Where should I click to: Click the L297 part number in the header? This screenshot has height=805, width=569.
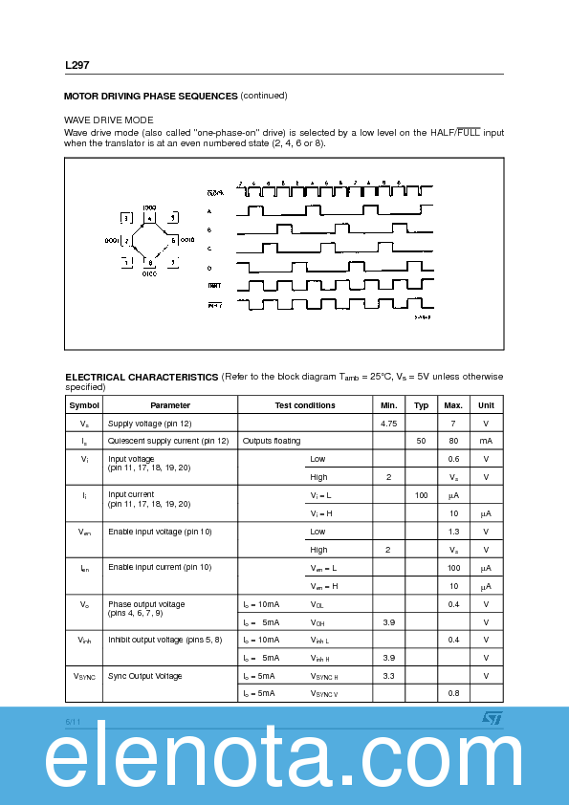point(77,66)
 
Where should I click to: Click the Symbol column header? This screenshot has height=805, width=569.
point(83,405)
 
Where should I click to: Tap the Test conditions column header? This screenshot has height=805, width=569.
point(304,405)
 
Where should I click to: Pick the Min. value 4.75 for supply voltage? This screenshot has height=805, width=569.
point(388,424)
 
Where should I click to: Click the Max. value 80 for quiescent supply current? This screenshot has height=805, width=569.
point(453,441)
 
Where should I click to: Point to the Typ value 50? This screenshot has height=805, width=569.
point(421,441)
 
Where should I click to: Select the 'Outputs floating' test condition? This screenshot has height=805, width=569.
point(272,441)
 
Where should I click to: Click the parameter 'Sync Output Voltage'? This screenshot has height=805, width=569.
point(144,676)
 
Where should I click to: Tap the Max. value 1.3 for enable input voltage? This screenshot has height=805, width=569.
point(453,532)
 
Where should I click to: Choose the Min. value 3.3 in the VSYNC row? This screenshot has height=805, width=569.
point(388,676)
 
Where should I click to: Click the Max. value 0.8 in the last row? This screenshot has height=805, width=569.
point(453,693)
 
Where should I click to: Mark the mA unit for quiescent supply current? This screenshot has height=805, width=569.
point(486,441)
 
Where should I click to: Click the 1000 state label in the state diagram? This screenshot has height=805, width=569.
point(149,207)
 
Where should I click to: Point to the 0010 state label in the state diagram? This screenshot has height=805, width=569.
point(187,239)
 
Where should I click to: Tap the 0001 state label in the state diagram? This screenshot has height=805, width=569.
point(111,239)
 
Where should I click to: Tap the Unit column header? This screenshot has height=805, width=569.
point(486,405)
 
